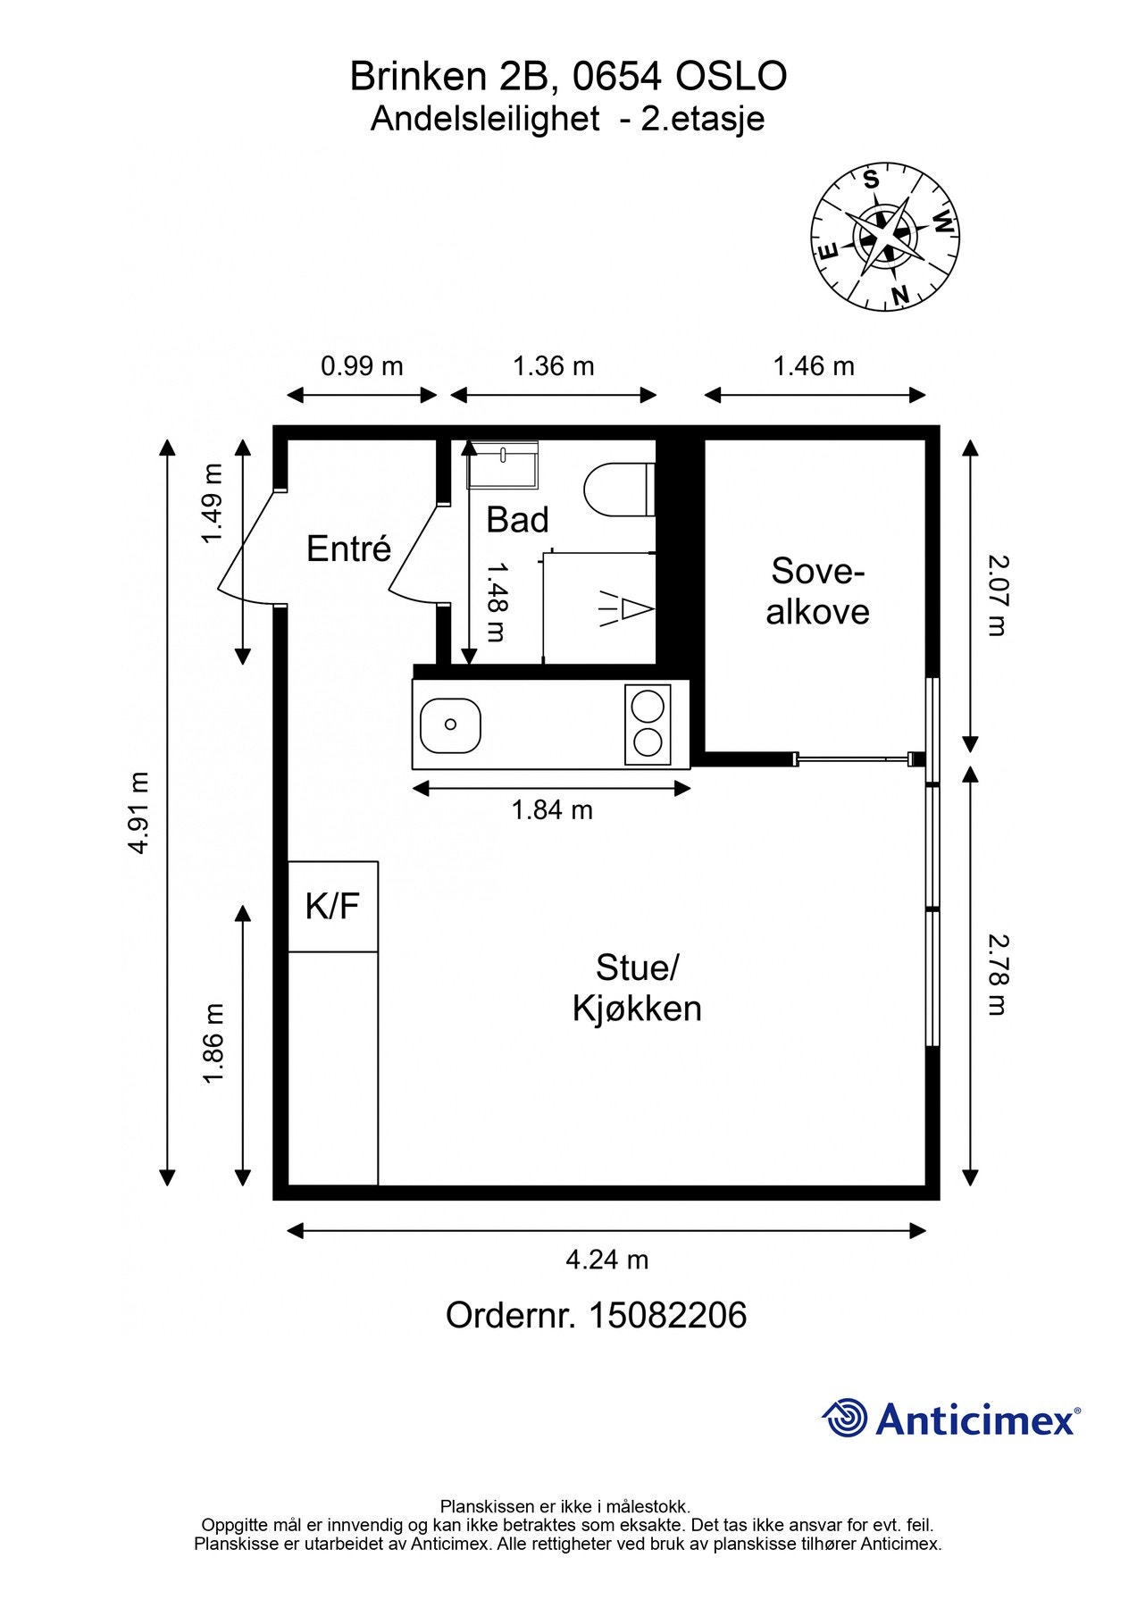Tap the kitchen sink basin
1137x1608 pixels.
coord(450,724)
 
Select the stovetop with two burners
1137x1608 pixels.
coord(648,724)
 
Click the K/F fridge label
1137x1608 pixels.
coord(332,906)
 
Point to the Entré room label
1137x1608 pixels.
coord(348,548)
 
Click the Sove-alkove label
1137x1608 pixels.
coord(817,591)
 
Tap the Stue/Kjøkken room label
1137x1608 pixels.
coord(637,988)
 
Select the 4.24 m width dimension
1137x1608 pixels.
coord(606,1260)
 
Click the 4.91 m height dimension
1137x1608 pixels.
coord(138,812)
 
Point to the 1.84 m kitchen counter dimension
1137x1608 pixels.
coord(552,810)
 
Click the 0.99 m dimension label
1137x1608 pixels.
coord(362,366)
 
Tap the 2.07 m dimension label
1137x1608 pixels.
coord(997,595)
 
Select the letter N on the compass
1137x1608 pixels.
coord(900,294)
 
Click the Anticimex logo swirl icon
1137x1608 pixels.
coord(845,1418)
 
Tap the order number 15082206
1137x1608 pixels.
coord(666,1316)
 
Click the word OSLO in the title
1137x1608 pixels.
coord(731,77)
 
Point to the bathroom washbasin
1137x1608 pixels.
coord(503,464)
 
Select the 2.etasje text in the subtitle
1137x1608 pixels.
coord(703,120)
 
